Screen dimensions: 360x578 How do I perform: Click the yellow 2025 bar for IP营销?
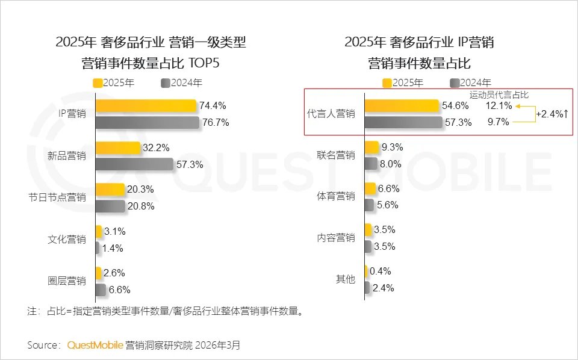pyautogui.click(x=146, y=106)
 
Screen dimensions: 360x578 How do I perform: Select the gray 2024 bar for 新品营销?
pyautogui.click(x=134, y=164)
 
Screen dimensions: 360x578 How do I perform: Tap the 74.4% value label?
pyautogui.click(x=213, y=106)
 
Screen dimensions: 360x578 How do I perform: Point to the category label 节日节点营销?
pyautogui.click(x=66, y=197)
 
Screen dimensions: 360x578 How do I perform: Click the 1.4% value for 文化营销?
pyautogui.click(x=113, y=248)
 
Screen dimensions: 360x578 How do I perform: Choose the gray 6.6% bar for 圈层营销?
pyautogui.click(x=101, y=290)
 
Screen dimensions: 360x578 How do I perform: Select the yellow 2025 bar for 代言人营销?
pyautogui.click(x=402, y=106)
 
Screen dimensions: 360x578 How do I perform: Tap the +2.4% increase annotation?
pyautogui.click(x=552, y=114)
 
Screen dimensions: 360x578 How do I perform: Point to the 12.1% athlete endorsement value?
pyautogui.click(x=499, y=106)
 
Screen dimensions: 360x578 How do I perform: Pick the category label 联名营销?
pyautogui.click(x=336, y=155)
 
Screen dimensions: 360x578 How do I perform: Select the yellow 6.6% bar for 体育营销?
pyautogui.click(x=370, y=189)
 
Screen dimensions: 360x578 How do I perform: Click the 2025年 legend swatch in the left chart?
pyautogui.click(x=98, y=83)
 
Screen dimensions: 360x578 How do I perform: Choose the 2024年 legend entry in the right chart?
pyautogui.click(x=470, y=83)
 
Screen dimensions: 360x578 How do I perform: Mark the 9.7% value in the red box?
pyautogui.click(x=499, y=122)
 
